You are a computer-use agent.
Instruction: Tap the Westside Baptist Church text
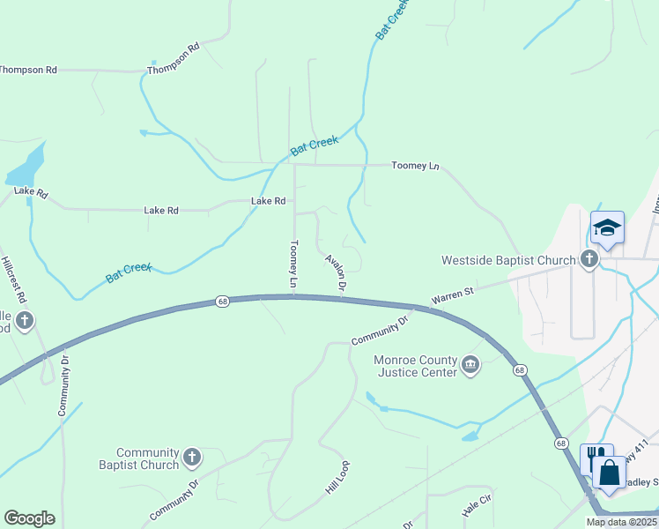tap(508, 260)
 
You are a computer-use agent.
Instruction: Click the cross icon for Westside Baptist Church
tap(589, 259)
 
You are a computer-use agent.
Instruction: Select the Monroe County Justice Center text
tap(417, 366)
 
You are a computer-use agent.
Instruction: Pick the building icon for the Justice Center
tap(471, 365)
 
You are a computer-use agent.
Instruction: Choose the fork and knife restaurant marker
tap(594, 458)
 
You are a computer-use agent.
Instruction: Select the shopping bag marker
tap(609, 472)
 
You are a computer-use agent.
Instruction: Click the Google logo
tap(29, 518)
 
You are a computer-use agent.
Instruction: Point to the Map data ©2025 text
tap(622, 522)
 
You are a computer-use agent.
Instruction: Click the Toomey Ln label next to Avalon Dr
tap(294, 264)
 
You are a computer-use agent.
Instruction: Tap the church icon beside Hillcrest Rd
tap(25, 321)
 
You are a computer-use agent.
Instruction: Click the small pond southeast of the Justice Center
tap(470, 436)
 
